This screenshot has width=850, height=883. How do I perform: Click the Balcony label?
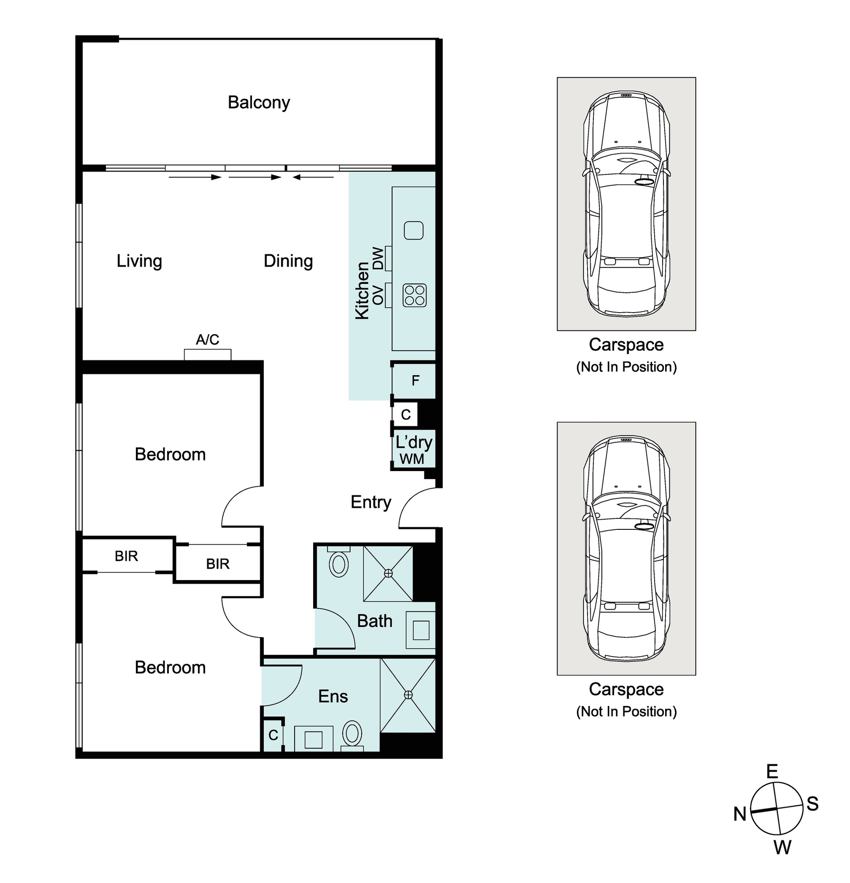(x=258, y=103)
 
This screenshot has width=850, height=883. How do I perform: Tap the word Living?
(x=139, y=261)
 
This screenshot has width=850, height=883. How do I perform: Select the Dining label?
(x=288, y=261)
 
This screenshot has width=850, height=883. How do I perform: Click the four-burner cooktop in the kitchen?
(x=414, y=295)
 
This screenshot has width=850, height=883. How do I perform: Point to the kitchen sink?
(x=413, y=230)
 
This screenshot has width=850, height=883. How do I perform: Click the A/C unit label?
(x=208, y=339)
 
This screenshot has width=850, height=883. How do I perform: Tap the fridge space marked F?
(x=413, y=381)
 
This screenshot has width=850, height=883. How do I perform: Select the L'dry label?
(x=414, y=442)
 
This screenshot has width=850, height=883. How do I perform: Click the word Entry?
(x=371, y=502)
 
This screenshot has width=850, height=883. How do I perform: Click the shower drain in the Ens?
(x=408, y=694)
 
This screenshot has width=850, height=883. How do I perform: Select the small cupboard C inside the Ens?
(x=273, y=735)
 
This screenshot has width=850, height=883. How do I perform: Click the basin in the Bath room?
(x=421, y=630)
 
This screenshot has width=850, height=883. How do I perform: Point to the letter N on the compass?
(x=740, y=814)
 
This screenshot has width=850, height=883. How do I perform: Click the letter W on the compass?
(x=783, y=847)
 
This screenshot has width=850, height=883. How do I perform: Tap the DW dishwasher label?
(x=378, y=258)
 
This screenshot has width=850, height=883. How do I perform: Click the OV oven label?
(x=378, y=295)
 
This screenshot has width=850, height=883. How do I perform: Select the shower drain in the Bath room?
(x=388, y=574)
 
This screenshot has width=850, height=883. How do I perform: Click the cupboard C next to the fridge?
(x=405, y=415)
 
